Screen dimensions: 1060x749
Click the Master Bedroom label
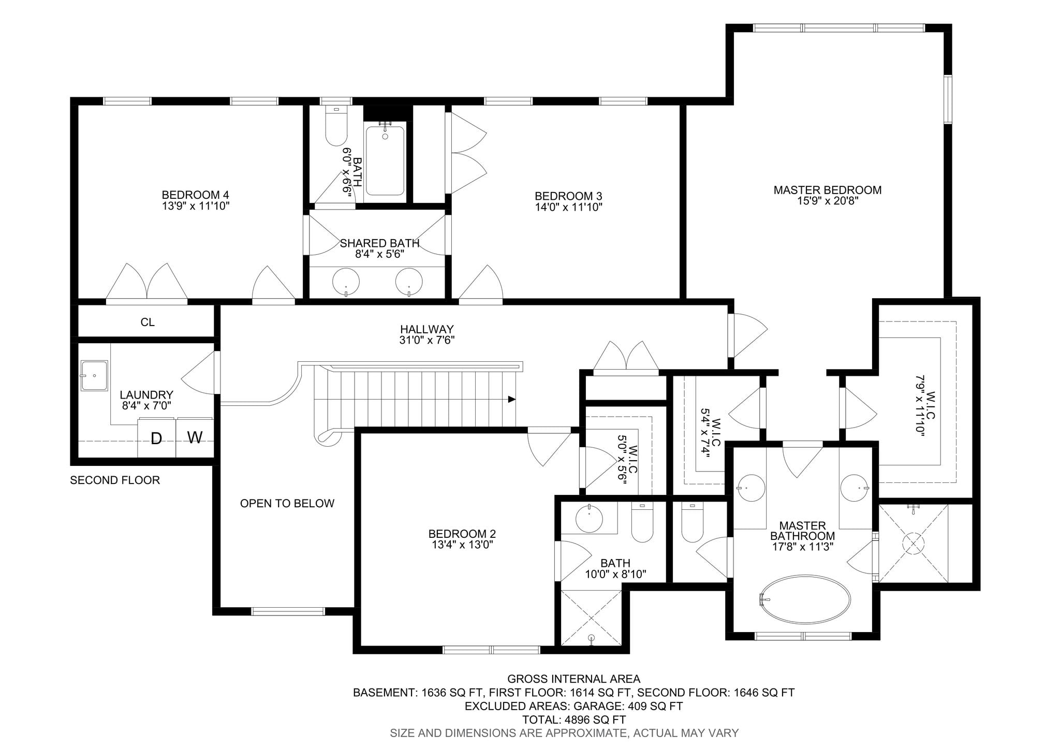(x=827, y=190)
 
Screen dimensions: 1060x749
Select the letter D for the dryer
(x=156, y=439)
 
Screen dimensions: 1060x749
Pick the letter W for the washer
(x=195, y=438)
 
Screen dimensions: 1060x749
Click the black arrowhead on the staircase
(x=512, y=399)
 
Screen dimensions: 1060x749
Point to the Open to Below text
(x=287, y=503)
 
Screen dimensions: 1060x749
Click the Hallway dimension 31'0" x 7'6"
(x=427, y=340)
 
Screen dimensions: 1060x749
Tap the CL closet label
(x=148, y=322)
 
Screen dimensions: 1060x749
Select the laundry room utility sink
(x=94, y=375)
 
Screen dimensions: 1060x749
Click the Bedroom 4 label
(x=195, y=195)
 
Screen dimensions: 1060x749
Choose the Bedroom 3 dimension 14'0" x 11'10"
(x=568, y=207)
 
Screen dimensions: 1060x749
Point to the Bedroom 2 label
(x=462, y=534)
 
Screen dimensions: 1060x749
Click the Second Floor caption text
(x=115, y=480)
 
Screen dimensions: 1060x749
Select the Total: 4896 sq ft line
(x=573, y=719)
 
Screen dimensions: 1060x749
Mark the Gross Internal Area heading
(x=573, y=679)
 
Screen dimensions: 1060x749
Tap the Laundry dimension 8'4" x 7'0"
(x=146, y=406)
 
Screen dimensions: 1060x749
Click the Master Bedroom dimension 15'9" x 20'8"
(x=828, y=201)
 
